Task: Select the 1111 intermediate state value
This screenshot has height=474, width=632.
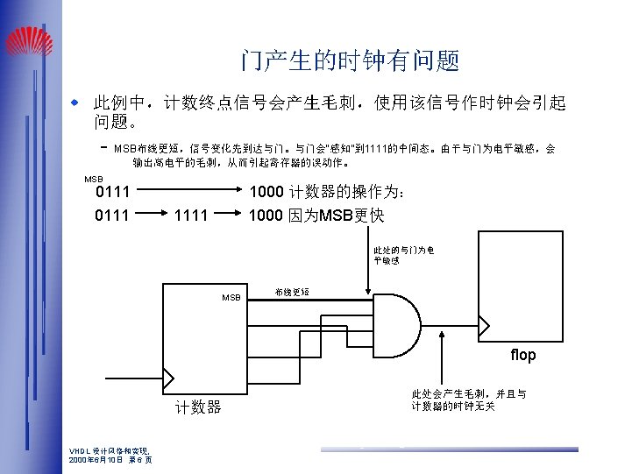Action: click(191, 215)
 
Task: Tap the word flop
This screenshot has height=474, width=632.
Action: click(523, 355)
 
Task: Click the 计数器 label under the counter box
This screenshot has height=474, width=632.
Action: click(198, 407)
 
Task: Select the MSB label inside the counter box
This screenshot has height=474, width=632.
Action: click(231, 298)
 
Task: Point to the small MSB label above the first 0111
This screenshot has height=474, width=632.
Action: click(93, 179)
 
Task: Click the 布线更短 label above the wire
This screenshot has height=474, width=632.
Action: click(291, 291)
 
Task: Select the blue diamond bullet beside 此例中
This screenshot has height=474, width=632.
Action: click(75, 103)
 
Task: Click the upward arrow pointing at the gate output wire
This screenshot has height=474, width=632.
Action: click(438, 368)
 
